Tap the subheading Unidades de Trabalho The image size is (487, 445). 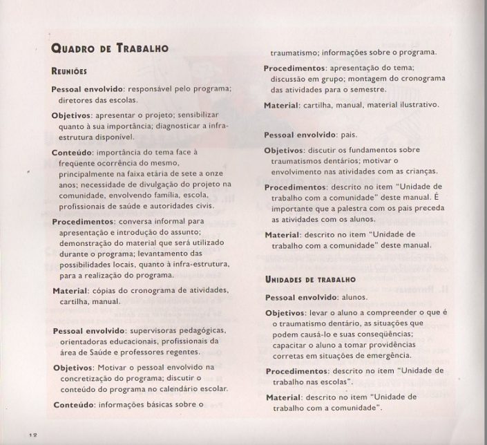coord(310,280)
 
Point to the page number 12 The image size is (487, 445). coord(32,434)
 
